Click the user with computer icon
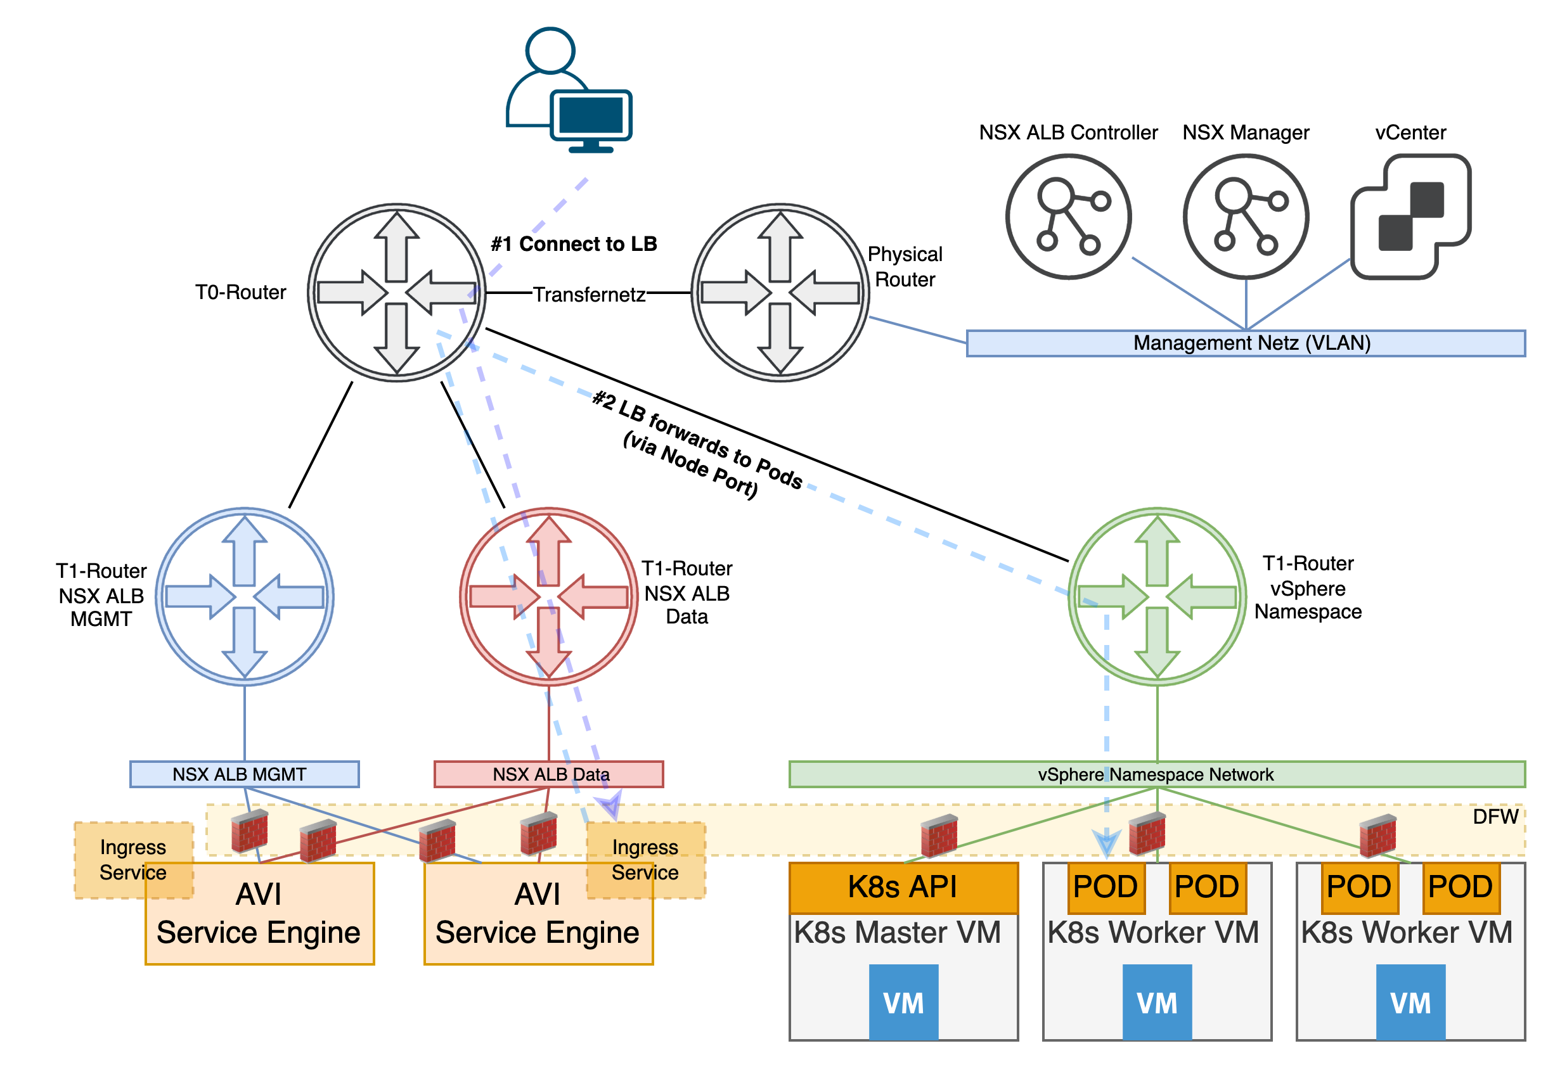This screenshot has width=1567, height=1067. pyautogui.click(x=569, y=91)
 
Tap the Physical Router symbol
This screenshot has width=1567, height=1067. pyautogui.click(x=780, y=293)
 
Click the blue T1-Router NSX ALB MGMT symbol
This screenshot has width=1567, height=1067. pyautogui.click(x=245, y=596)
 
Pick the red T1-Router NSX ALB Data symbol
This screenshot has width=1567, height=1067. pyautogui.click(x=549, y=596)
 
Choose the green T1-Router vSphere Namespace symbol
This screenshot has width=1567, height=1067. pyautogui.click(x=1157, y=596)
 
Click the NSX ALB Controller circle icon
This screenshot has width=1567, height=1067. pyautogui.click(x=1068, y=216)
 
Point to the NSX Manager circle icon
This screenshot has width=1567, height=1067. pyautogui.click(x=1246, y=216)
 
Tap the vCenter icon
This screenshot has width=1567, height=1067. pyautogui.click(x=1410, y=216)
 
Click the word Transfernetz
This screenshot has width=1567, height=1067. pyautogui.click(x=590, y=295)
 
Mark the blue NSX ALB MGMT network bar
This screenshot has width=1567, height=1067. pyautogui.click(x=244, y=774)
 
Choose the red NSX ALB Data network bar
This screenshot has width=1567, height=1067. pyautogui.click(x=549, y=774)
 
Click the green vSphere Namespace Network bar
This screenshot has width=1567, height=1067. pyautogui.click(x=1156, y=774)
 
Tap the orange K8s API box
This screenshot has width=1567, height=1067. pyautogui.click(x=903, y=887)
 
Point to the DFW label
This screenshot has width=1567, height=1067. pyautogui.click(x=1495, y=817)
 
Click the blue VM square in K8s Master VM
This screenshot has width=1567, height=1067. pyautogui.click(x=903, y=1002)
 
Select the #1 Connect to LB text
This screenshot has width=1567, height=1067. pyautogui.click(x=574, y=244)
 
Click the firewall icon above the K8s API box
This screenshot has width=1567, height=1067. pyautogui.click(x=939, y=836)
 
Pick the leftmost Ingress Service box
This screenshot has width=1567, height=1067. pyautogui.click(x=133, y=859)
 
